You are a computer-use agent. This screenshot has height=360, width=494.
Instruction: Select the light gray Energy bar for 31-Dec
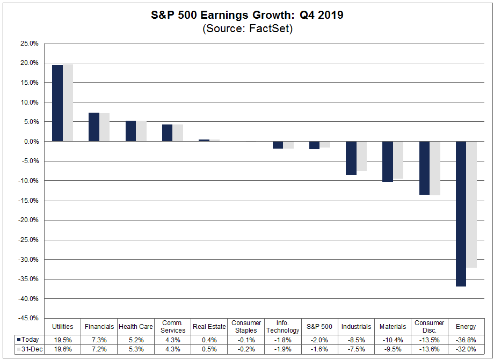tap(471, 204)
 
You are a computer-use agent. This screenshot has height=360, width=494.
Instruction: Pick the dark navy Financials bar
tap(93, 127)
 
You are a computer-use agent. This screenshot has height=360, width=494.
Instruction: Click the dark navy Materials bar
tap(387, 161)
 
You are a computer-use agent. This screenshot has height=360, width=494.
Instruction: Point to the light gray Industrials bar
tap(361, 156)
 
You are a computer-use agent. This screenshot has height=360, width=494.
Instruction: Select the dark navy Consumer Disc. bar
tap(424, 168)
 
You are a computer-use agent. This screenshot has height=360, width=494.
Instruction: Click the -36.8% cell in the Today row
tap(466, 340)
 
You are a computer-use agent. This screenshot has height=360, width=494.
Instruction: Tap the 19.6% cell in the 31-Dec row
tap(62, 349)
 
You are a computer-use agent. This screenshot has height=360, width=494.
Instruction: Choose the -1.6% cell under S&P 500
tap(319, 349)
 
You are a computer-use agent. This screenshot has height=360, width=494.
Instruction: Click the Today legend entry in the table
tap(27, 340)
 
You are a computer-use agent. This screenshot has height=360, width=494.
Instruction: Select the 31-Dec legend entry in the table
tap(27, 349)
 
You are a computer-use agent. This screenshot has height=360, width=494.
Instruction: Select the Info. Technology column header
tap(282, 326)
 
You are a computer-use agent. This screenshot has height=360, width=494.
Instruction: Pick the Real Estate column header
tap(209, 326)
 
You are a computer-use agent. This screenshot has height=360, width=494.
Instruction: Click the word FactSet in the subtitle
tap(270, 29)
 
